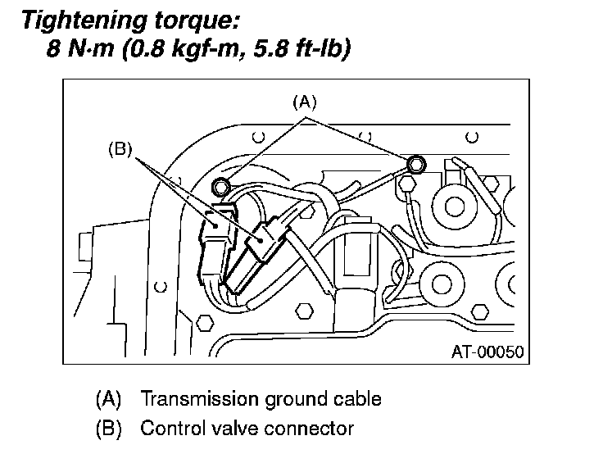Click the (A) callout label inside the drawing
click(x=304, y=102)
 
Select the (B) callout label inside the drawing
click(x=120, y=150)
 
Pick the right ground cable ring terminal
click(x=415, y=165)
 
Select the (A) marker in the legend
click(x=109, y=399)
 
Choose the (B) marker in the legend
click(x=109, y=428)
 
